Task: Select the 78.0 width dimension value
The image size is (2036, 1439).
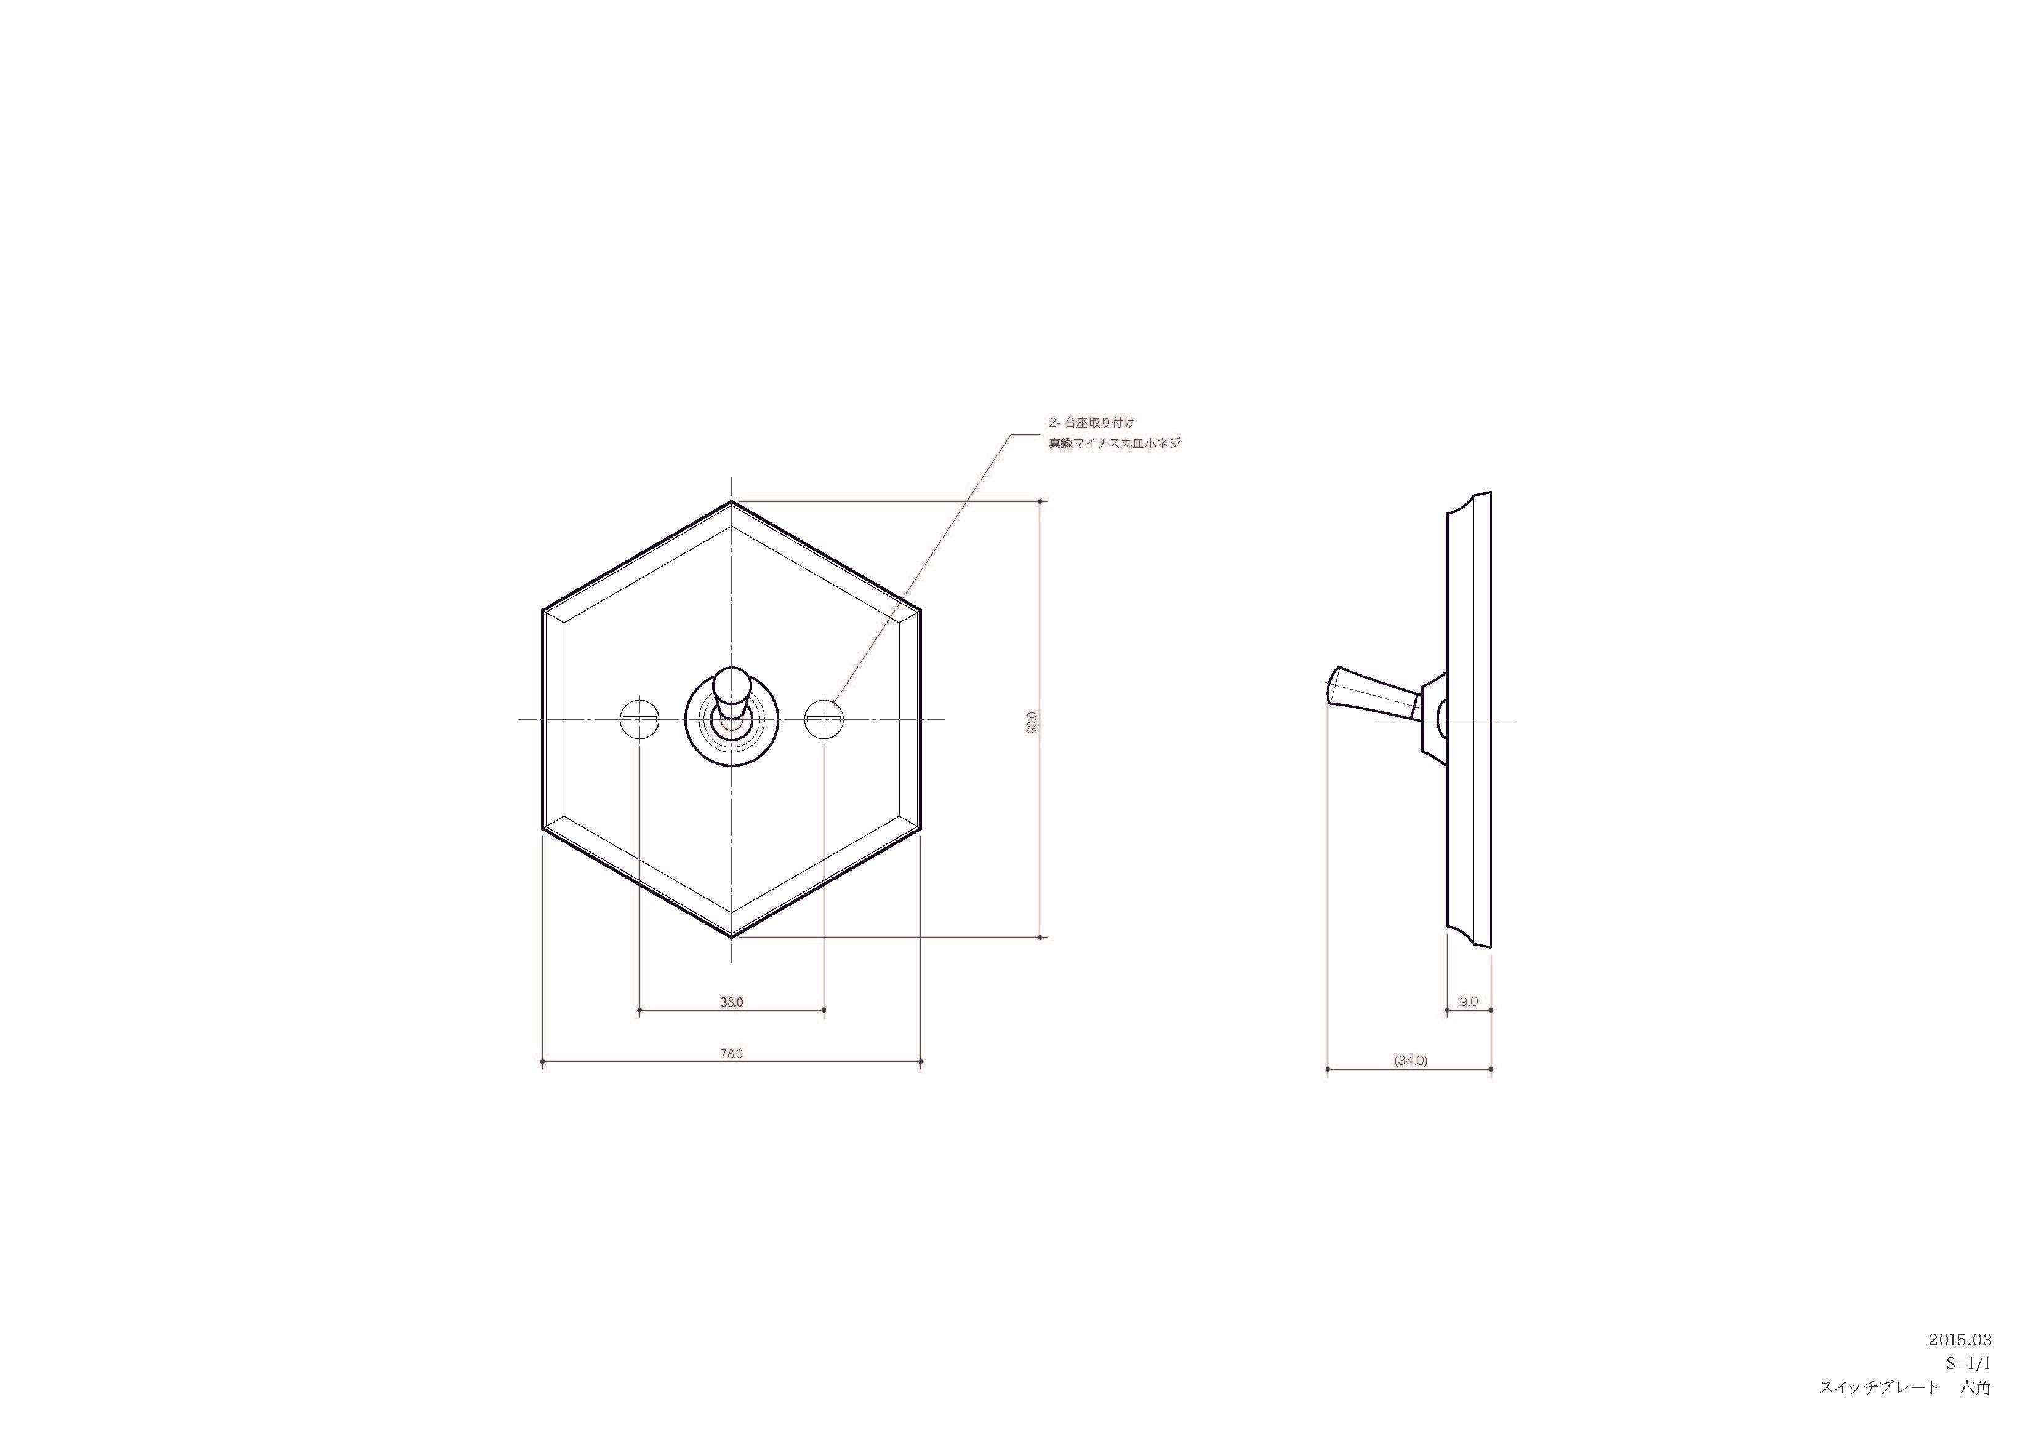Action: pyautogui.click(x=732, y=1053)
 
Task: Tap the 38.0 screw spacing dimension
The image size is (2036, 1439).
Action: pyautogui.click(x=732, y=1002)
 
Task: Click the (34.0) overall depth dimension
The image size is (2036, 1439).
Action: pyautogui.click(x=1411, y=1061)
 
